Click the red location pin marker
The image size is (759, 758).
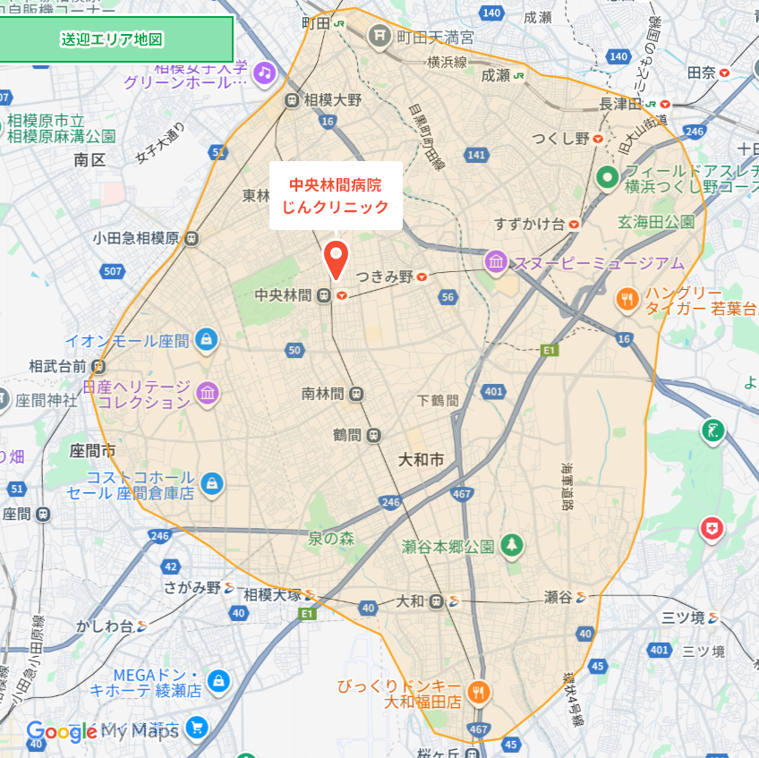336,260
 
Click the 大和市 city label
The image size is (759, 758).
421,460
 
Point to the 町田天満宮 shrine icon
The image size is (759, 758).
379,36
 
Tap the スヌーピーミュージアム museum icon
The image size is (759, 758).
495,262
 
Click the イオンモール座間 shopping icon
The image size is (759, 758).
207,340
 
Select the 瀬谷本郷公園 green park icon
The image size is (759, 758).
511,544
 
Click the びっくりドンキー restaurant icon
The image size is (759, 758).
479,691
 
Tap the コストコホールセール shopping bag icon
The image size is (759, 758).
212,483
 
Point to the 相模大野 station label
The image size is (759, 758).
333,99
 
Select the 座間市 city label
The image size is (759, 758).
92,449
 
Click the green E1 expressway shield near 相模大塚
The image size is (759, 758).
307,613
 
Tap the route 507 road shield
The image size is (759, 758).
113,270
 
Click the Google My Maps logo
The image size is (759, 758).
103,731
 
